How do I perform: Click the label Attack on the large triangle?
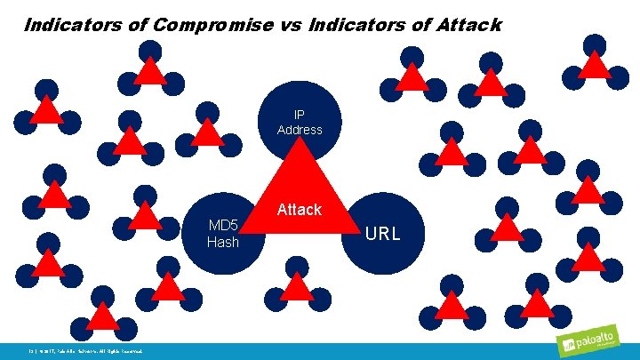[x=300, y=210]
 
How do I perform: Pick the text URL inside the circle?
[x=384, y=234]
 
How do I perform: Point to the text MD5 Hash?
[x=223, y=234]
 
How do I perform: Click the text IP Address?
[x=300, y=123]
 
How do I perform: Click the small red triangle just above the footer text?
[x=103, y=316]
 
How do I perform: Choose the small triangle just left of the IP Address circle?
[x=208, y=132]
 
